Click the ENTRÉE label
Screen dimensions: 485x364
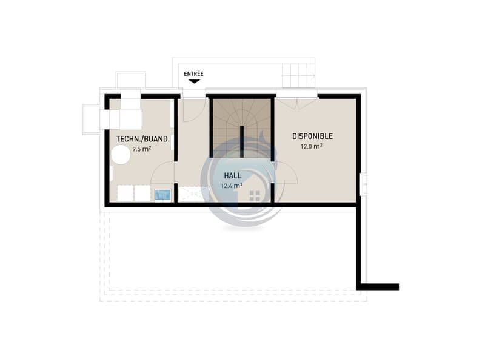193,73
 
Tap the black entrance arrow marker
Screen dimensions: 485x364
194,81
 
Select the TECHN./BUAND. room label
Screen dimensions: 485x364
143,139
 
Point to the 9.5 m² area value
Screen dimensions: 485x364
142,149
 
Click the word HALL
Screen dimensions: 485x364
233,176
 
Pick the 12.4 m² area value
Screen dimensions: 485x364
232,186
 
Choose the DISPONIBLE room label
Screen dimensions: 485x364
312,136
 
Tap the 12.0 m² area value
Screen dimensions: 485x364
312,146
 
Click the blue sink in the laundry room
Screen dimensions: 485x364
162,195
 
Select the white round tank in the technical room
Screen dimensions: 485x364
121,155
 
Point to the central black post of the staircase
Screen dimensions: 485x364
242,142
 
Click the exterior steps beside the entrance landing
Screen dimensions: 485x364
298,76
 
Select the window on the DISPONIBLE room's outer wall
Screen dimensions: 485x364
364,184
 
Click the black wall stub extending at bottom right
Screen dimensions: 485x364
378,287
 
